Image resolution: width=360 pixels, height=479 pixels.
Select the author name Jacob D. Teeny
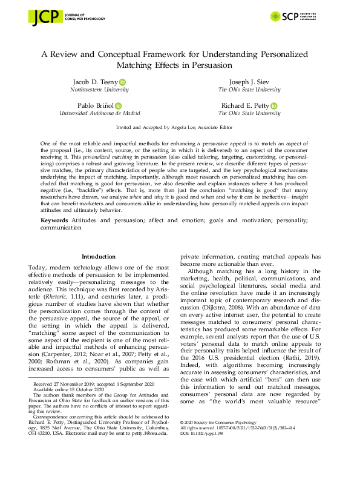click(x=96, y=82)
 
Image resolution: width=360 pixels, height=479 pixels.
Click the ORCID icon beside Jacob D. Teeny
click(x=123, y=82)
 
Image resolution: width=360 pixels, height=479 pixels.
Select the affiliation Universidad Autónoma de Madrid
click(x=99, y=113)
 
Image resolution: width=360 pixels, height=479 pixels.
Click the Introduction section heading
click(x=99, y=257)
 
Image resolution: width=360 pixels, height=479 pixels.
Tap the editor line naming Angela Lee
click(x=180, y=129)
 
